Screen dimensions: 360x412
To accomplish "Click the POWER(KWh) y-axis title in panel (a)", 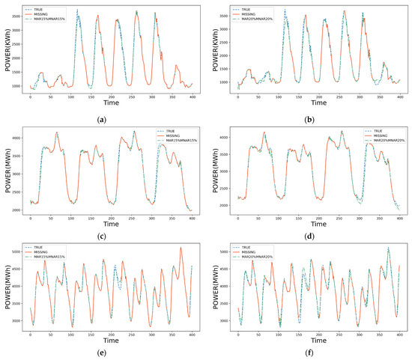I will pyautogui.click(x=6, y=49).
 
